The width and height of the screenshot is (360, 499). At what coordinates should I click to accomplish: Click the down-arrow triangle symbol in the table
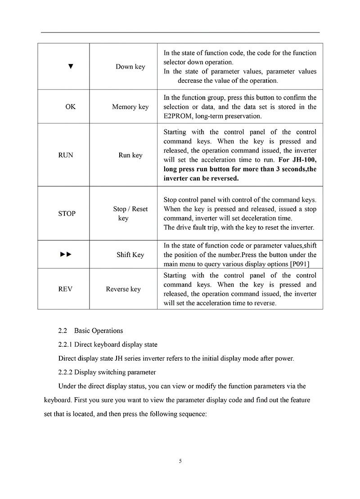(70, 67)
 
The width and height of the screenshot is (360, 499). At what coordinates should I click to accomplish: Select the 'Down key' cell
(130, 67)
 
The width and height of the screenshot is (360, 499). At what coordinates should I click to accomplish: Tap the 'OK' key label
(71, 107)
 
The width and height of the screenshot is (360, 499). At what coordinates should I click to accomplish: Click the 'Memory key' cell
(130, 107)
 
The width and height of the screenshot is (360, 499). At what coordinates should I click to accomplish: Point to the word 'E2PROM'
(178, 116)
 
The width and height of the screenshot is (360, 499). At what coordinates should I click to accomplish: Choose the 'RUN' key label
(66, 155)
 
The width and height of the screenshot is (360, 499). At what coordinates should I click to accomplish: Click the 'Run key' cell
(130, 155)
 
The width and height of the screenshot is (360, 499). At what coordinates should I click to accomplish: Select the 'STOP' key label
(67, 213)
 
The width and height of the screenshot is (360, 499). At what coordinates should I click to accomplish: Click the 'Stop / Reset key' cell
(130, 213)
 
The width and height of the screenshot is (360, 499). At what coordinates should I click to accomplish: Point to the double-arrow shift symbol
(66, 254)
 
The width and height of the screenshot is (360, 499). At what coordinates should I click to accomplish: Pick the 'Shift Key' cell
(130, 254)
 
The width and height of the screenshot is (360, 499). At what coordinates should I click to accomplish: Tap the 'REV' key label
(66, 289)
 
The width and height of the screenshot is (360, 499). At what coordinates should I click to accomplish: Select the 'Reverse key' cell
(123, 289)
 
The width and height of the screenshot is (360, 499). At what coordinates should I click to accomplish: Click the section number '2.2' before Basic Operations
(63, 331)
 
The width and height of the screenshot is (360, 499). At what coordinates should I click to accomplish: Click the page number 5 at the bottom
(180, 461)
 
